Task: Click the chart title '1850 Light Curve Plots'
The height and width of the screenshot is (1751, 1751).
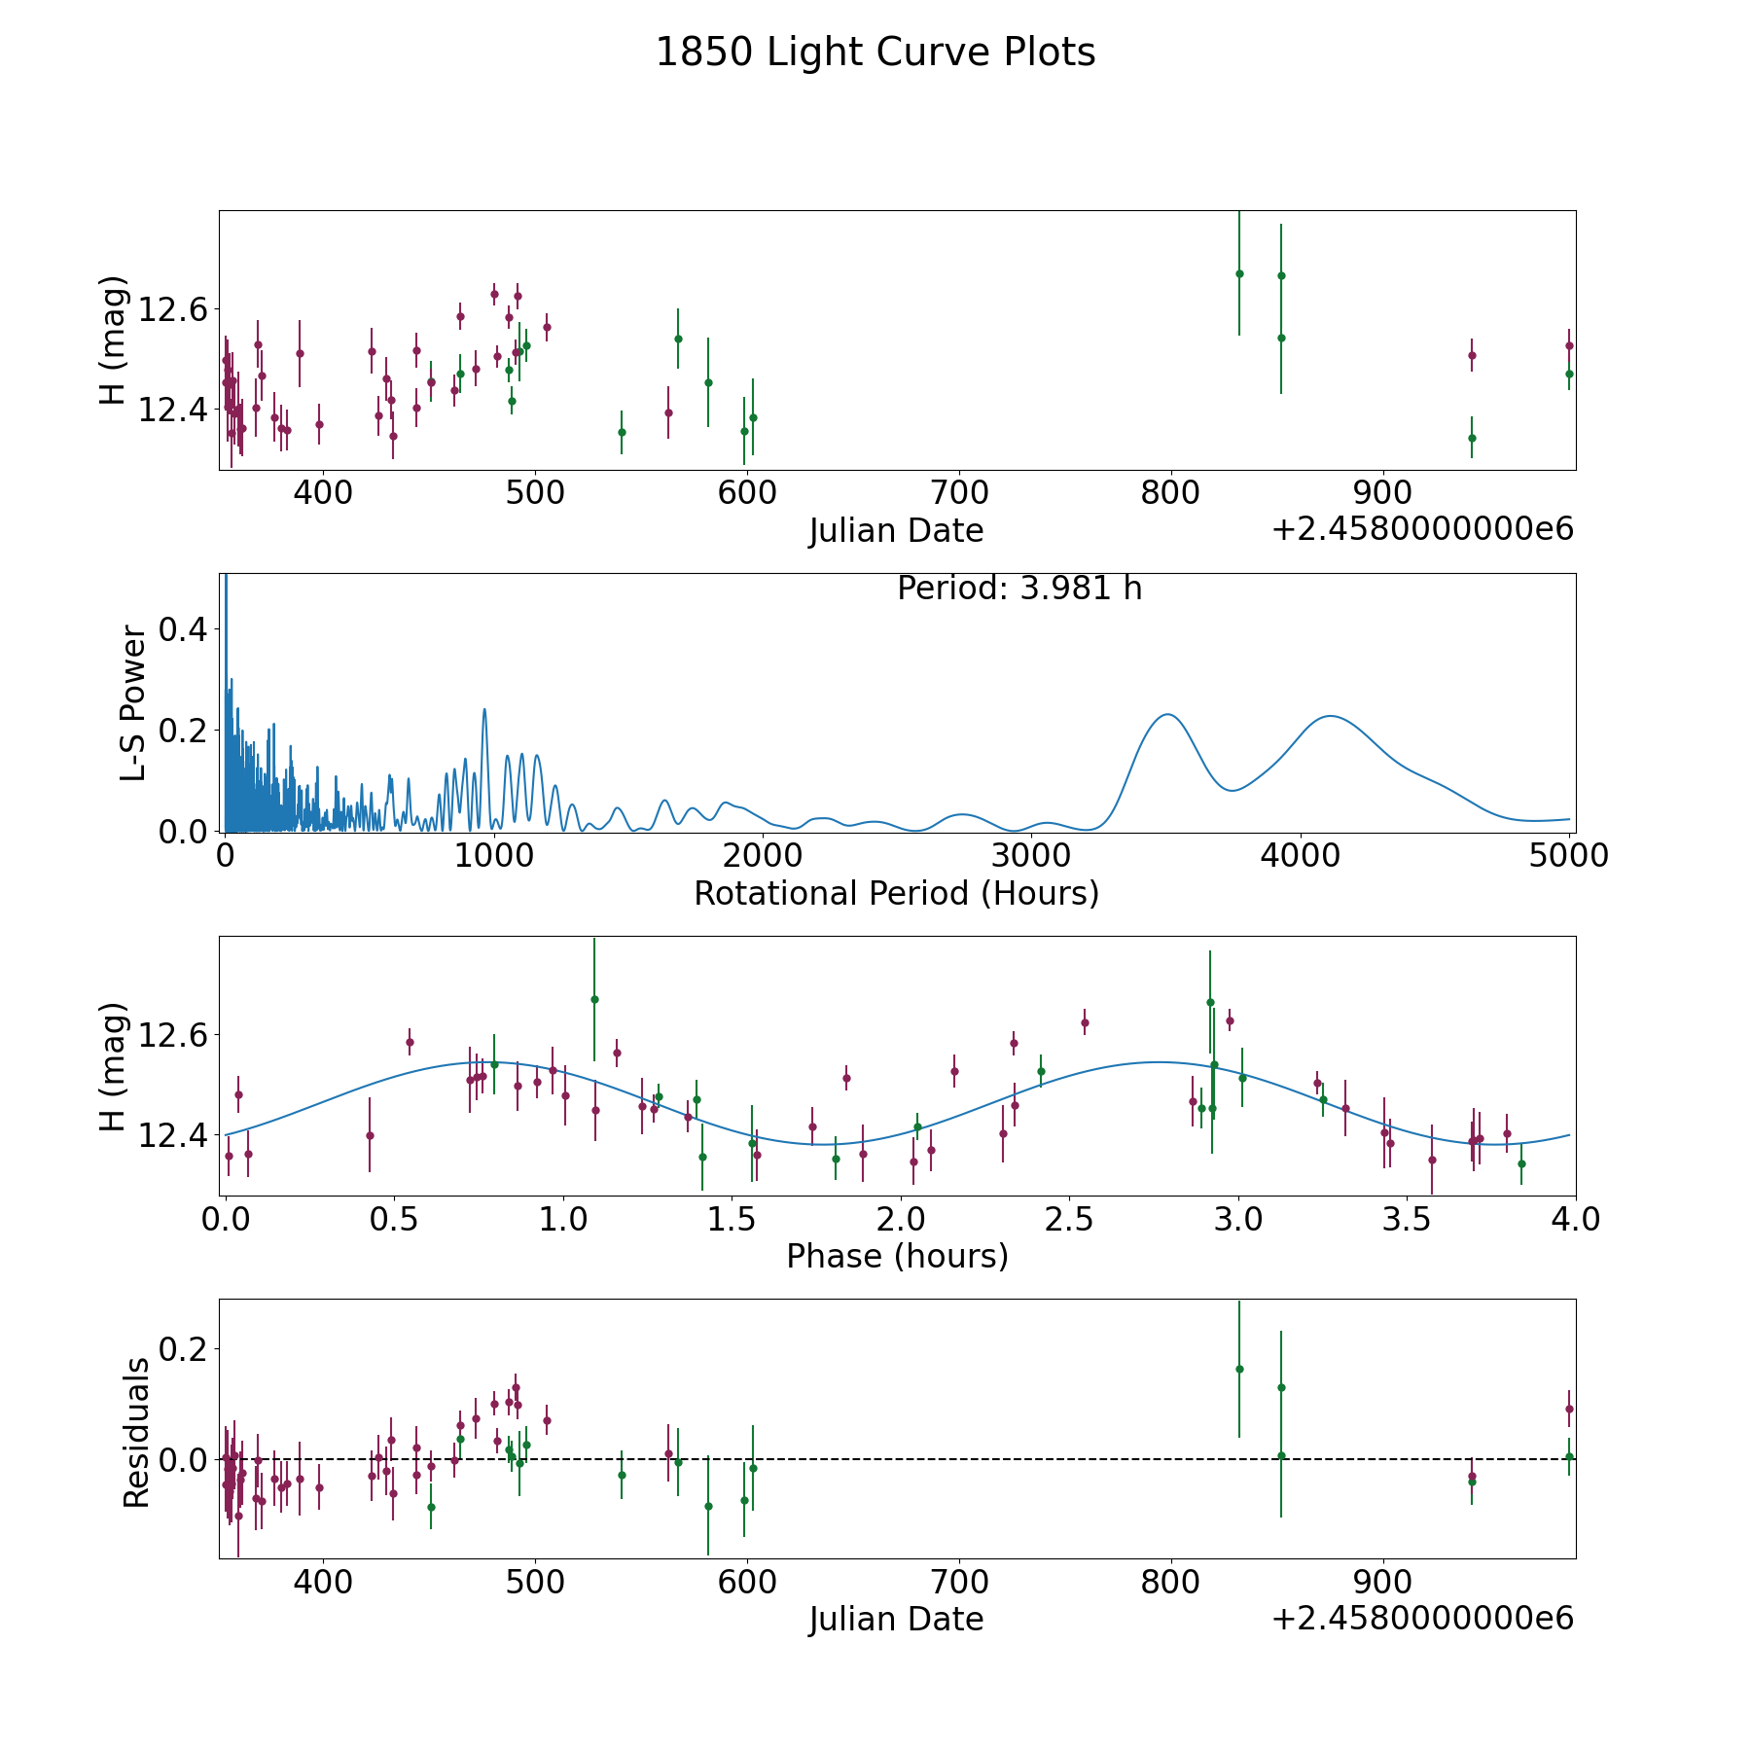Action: pos(875,53)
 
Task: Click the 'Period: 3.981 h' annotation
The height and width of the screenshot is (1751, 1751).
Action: pos(1019,589)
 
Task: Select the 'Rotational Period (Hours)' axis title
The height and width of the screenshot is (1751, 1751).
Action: pos(897,893)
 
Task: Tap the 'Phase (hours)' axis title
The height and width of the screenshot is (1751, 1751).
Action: pos(897,1256)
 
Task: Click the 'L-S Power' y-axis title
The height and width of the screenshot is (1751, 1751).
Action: pos(134,703)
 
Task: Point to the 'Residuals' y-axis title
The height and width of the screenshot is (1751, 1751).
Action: pos(136,1432)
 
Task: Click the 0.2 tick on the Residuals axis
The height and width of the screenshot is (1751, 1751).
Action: pos(183,1349)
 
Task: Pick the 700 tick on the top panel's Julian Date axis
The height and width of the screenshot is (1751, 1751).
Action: pos(958,492)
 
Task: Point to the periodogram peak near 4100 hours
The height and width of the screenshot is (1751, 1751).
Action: pos(1329,716)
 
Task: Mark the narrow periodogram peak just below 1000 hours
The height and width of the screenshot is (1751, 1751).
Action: pos(484,709)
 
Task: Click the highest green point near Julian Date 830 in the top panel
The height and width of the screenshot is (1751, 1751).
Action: pos(1239,273)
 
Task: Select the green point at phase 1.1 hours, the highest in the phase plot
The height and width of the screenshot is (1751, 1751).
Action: pos(594,999)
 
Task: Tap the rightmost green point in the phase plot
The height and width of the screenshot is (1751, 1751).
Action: pos(1521,1163)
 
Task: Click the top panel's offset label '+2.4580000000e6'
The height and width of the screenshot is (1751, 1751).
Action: pos(1422,529)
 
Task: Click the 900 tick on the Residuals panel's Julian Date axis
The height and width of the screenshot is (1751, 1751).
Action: pos(1382,1582)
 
